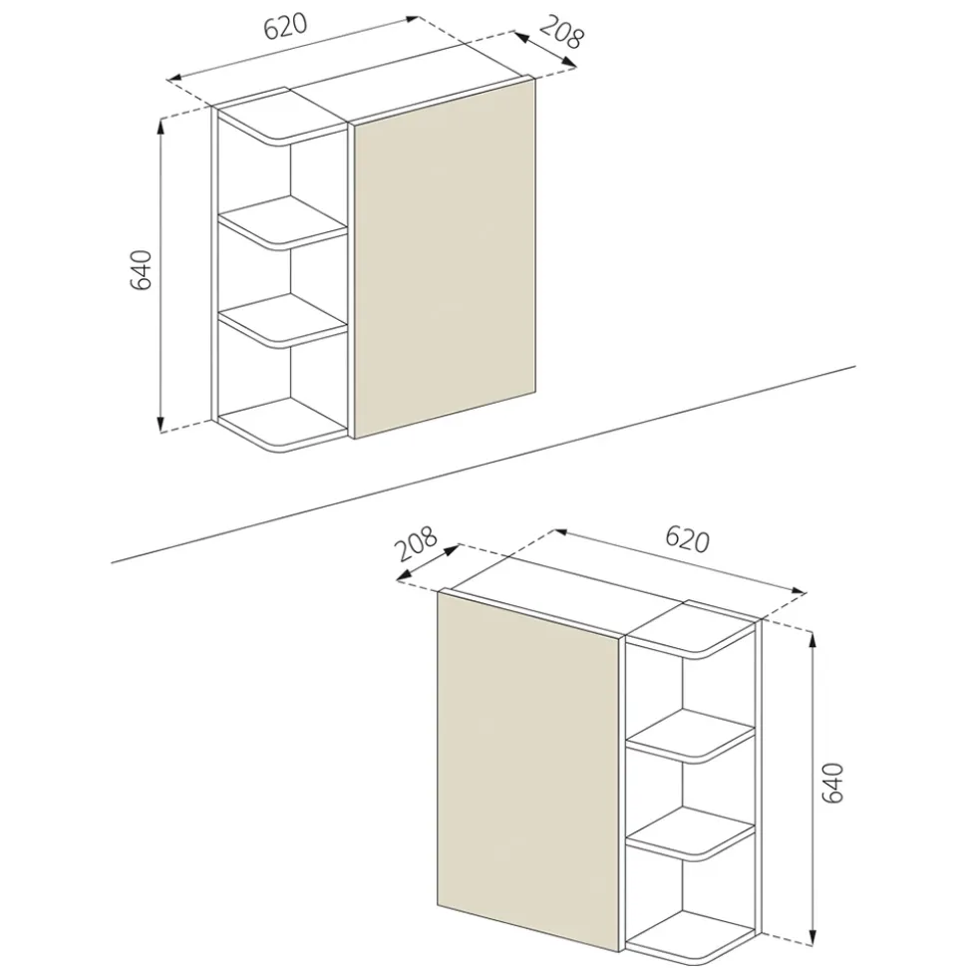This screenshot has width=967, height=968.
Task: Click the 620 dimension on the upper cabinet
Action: coord(285,26)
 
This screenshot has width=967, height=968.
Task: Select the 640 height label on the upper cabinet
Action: coord(141,270)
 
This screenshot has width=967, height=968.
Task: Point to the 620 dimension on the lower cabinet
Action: coord(687,539)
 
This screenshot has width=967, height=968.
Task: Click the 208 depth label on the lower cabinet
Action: coord(417,542)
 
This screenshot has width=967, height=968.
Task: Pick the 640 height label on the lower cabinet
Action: coord(833,783)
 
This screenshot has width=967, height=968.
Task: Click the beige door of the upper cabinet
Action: coord(444,259)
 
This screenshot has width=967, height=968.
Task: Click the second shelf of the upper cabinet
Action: coord(283,223)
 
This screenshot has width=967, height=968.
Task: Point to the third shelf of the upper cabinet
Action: coord(283,319)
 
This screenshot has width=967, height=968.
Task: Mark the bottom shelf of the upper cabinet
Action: coord(283,425)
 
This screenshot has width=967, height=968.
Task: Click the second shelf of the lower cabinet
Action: coord(692,736)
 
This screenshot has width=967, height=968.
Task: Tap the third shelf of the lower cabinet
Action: coord(692,833)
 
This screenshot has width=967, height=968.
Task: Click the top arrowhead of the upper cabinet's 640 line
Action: coord(161,126)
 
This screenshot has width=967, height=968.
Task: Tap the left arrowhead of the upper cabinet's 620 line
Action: coord(174,78)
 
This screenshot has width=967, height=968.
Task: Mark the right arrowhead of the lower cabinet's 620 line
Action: coord(800,591)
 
